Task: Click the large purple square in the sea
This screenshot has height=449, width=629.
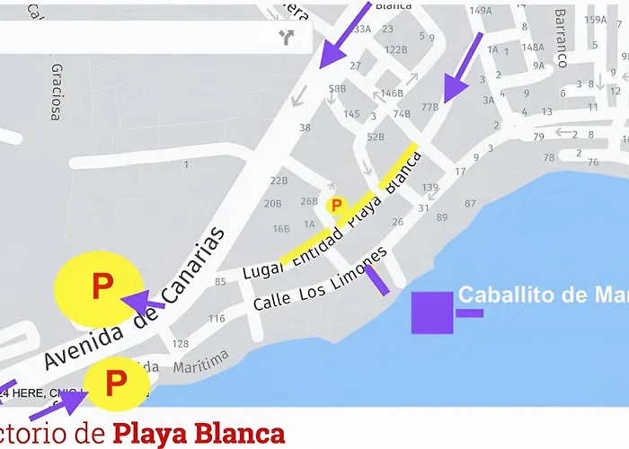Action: click(x=432, y=313)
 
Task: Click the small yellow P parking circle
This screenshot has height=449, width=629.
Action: click(x=337, y=206)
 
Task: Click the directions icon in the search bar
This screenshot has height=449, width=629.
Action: click(x=287, y=37)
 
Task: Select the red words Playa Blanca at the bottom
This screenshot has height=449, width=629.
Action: click(x=199, y=434)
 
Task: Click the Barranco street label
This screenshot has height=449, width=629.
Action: click(x=562, y=39)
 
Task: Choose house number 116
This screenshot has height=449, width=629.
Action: click(x=217, y=319)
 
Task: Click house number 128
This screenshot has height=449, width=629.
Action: click(x=181, y=344)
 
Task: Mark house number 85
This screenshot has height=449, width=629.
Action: click(x=220, y=282)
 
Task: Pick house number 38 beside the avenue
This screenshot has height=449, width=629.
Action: click(x=305, y=128)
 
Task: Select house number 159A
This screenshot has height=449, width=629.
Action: click(x=595, y=19)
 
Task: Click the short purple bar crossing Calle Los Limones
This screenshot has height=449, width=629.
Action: click(x=376, y=279)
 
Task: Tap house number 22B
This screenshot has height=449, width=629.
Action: click(x=279, y=180)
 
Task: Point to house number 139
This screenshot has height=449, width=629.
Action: click(x=430, y=188)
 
